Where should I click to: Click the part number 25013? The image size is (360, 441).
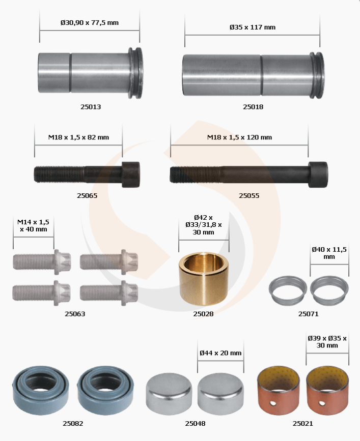[91, 107]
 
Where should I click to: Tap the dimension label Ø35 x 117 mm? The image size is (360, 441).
[253, 27]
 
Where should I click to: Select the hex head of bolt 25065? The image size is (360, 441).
[130, 174]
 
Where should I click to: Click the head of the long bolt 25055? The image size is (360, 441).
[318, 174]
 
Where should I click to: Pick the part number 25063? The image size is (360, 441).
[75, 314]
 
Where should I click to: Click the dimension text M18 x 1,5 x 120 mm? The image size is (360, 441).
[239, 137]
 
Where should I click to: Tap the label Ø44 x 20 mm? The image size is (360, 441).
[220, 353]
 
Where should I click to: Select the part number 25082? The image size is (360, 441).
[73, 424]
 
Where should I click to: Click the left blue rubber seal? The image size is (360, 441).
[41, 390]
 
